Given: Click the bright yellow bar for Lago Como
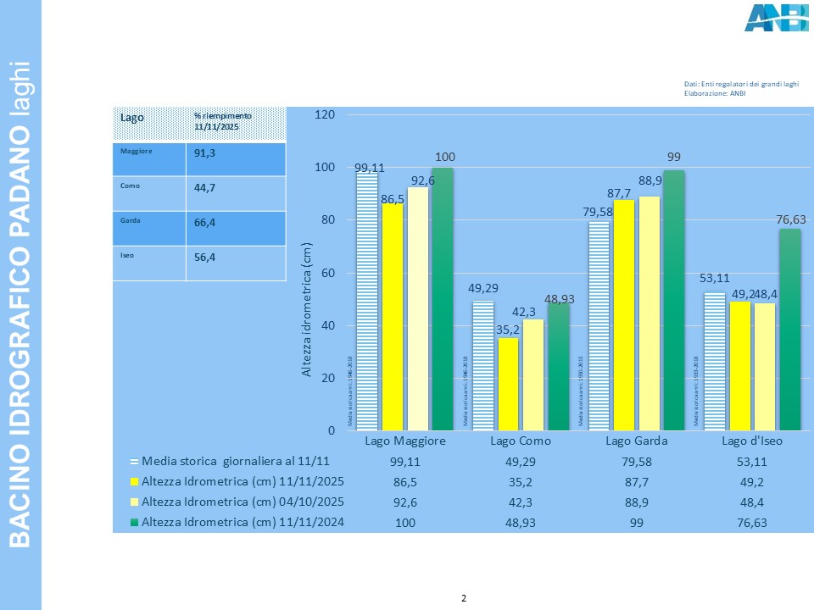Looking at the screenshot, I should (508, 384).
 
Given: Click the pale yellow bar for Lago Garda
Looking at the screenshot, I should (649, 313).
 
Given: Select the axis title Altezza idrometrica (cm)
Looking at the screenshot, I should (308, 309).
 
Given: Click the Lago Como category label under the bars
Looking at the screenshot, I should (521, 442).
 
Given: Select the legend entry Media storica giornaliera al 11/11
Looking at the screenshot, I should (234, 462).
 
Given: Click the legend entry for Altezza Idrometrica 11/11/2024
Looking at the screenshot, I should (243, 522).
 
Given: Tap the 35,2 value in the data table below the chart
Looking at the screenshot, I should (521, 482).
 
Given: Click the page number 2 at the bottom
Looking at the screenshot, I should (463, 599).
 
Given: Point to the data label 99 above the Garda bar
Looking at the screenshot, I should (674, 158).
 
